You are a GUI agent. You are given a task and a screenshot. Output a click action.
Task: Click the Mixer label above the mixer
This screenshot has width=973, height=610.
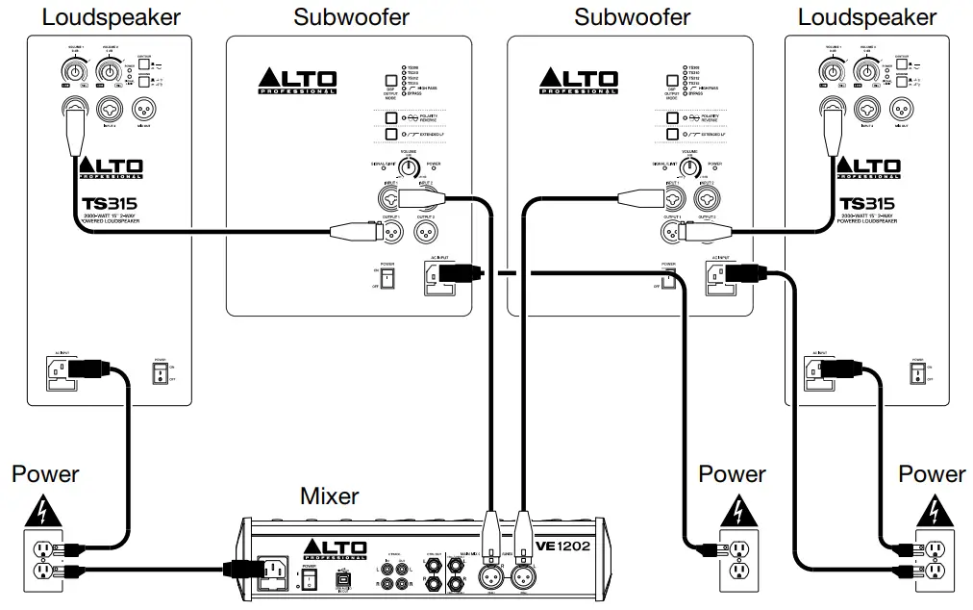coord(330,496)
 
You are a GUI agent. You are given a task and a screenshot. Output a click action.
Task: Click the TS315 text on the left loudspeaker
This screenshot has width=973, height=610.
coord(110,204)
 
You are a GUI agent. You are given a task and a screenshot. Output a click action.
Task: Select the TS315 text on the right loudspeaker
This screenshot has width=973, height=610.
coord(866,204)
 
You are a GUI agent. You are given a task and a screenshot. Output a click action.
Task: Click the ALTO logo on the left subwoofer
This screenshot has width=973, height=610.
coord(297,80)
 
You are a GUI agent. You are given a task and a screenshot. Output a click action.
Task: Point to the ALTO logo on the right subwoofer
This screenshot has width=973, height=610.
coord(578,80)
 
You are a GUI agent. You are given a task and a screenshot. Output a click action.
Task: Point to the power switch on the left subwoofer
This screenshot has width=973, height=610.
coord(388,277)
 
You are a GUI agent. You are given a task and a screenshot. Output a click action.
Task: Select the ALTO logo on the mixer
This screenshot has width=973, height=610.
coord(336,550)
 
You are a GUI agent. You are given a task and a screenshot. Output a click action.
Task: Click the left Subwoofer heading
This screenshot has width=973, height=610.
coord(351,17)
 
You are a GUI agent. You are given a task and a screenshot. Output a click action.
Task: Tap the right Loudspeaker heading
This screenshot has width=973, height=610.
coord(866,17)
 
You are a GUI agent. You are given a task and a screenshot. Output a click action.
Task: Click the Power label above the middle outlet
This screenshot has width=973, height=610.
coord(732,474)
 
